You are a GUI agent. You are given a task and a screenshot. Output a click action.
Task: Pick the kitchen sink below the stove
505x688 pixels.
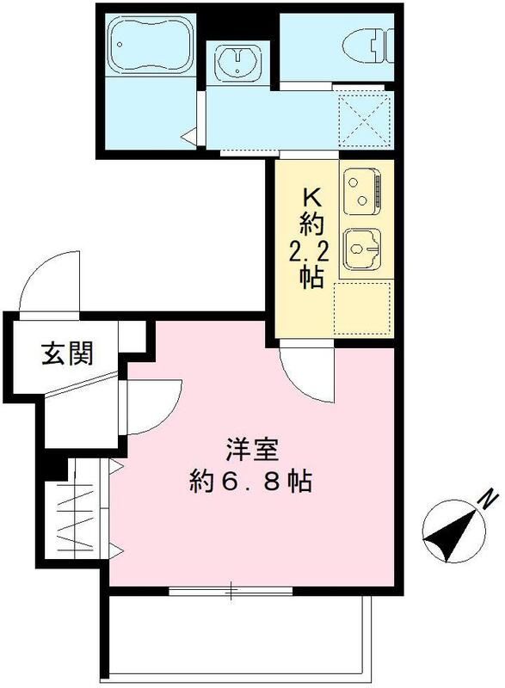tap(361, 249)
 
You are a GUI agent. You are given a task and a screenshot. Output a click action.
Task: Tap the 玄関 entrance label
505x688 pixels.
tap(67, 352)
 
